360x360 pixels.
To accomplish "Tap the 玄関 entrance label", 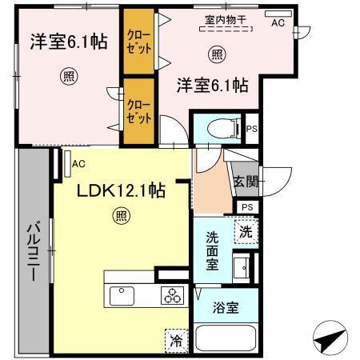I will pyautogui.click(x=245, y=182).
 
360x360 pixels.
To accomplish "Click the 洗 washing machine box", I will pyautogui.click(x=246, y=232).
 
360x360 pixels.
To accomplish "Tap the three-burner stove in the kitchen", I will pyautogui.click(x=171, y=294).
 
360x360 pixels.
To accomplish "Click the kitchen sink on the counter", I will pyautogui.click(x=122, y=294).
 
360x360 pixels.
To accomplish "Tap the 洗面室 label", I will pyautogui.click(x=212, y=250).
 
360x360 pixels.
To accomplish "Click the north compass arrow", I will pyautogui.click(x=331, y=339).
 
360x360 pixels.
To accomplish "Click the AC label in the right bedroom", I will pyautogui.click(x=278, y=23).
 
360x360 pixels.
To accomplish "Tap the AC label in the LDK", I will pyautogui.click(x=78, y=164).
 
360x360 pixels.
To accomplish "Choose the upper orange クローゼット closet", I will pyautogui.click(x=139, y=42).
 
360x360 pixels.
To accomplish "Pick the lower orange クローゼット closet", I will pyautogui.click(x=139, y=111).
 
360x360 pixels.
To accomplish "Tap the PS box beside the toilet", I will pyautogui.click(x=251, y=129).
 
